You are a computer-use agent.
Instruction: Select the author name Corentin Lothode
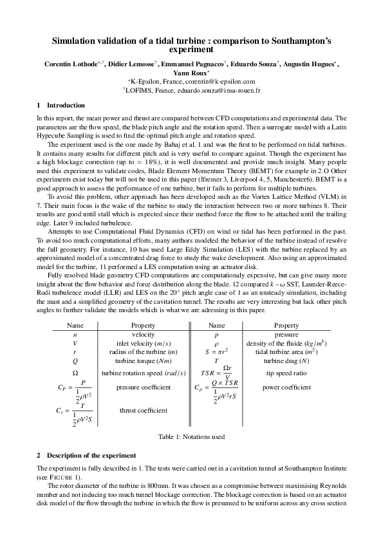point(68,65)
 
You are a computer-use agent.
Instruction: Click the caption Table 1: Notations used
point(191,436)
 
